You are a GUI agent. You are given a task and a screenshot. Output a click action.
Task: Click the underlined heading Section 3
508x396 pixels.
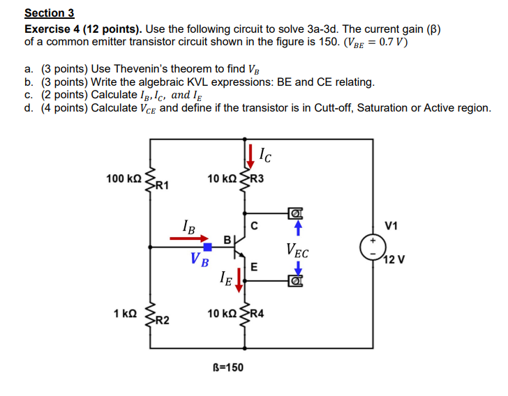(x=49, y=13)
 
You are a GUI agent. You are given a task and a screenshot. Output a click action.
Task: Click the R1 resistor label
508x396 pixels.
(x=161, y=185)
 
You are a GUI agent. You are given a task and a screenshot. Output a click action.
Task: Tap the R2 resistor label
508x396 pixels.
(x=161, y=321)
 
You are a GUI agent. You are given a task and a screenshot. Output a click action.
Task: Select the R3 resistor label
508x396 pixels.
(x=257, y=179)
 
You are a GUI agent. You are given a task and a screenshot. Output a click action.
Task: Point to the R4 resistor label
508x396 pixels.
(x=257, y=314)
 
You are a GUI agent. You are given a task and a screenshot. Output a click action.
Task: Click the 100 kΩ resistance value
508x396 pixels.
(x=124, y=179)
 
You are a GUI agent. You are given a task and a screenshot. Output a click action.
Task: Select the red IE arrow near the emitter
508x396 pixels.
(x=239, y=280)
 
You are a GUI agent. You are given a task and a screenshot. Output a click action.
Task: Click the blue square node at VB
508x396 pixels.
(x=207, y=247)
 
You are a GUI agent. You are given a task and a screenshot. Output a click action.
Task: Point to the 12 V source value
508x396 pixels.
(x=393, y=260)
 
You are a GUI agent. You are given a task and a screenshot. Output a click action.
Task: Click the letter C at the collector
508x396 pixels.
(x=255, y=225)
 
